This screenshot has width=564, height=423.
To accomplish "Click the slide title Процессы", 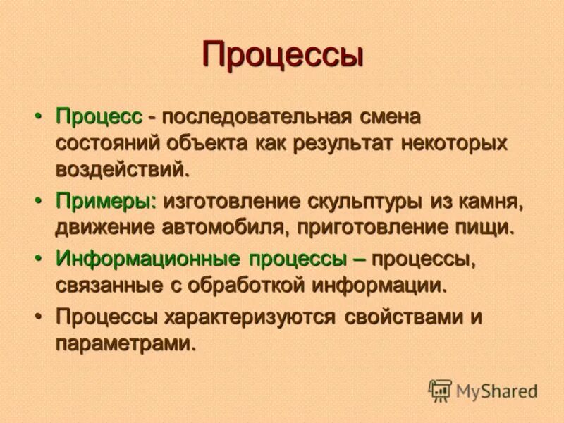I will coord(282,55).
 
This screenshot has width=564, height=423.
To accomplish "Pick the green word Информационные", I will coord(149,259).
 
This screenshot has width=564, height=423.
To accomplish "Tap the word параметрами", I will coord(124,344).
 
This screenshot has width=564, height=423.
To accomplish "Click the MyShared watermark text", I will coord(496,391).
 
